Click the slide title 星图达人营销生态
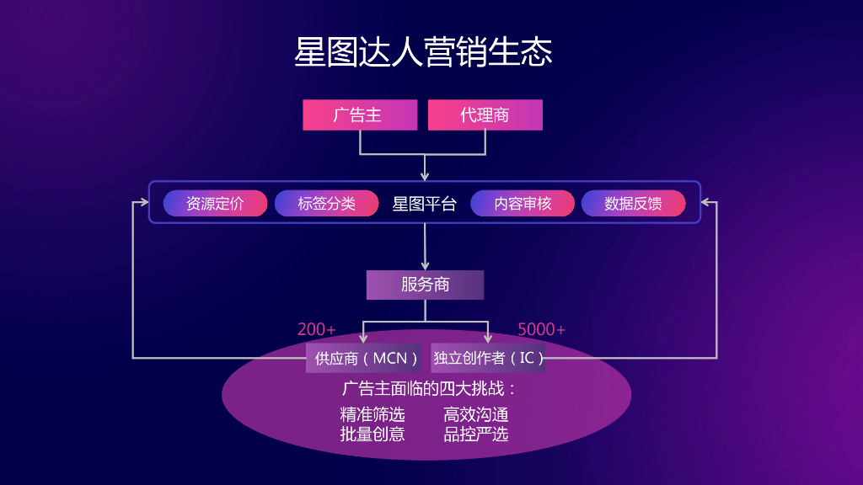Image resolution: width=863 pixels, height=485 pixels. tap(423, 52)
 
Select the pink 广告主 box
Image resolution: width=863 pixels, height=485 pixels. tap(360, 115)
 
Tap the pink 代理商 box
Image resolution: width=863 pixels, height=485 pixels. tap(485, 115)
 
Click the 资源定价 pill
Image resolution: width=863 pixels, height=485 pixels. tap(215, 204)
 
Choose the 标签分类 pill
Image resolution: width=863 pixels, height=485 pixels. tap(326, 204)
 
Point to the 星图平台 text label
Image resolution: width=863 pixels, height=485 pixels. tap(425, 204)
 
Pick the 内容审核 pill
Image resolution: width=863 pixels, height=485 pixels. tap(523, 204)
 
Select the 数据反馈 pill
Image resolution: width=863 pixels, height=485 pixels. tap(634, 204)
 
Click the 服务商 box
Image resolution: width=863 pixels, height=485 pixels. tap(426, 285)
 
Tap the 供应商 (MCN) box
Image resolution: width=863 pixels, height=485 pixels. tap(363, 358)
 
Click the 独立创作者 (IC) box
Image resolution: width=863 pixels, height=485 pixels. tap(488, 358)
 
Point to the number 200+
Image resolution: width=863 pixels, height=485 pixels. tap(317, 329)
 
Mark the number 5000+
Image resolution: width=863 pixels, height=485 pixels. tap(542, 329)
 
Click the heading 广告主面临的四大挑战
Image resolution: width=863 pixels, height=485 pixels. tap(429, 389)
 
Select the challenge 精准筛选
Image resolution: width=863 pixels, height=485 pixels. tap(373, 414)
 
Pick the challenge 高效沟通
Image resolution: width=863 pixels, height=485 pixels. tap(476, 414)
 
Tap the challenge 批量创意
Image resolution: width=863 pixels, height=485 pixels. tap(373, 434)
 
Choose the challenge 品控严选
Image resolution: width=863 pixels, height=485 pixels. tap(476, 434)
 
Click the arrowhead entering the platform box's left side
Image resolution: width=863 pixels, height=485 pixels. tap(144, 202)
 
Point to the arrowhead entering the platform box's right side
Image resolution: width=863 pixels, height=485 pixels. tap(705, 202)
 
